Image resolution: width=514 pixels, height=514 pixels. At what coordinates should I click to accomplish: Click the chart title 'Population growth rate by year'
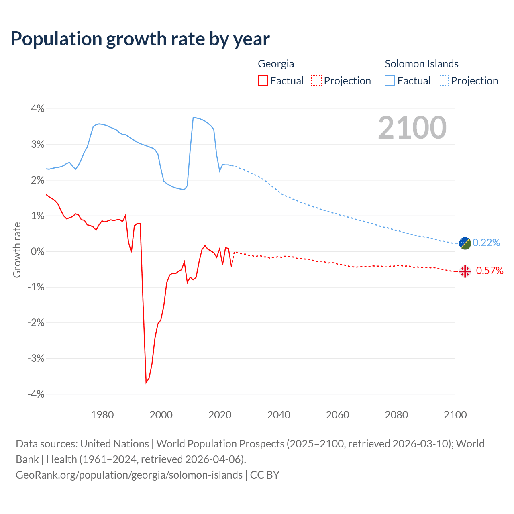point(140,39)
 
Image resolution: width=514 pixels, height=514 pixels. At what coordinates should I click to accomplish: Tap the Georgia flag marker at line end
point(465,271)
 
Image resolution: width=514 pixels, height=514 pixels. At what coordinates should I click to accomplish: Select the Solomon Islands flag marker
point(465,243)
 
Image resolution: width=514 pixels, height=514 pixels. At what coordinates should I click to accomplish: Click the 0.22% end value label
point(486,243)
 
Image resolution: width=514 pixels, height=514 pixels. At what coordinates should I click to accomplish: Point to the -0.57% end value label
point(488,271)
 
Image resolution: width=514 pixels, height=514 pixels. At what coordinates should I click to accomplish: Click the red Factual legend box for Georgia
point(263,80)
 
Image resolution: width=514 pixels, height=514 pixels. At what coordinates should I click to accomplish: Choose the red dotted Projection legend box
point(316,80)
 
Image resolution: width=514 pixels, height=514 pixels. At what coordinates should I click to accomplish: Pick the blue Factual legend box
point(390,80)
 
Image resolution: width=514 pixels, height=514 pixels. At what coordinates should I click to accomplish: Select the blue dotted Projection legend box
point(443,80)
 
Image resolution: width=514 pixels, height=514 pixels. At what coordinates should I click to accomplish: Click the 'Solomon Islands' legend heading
point(422,64)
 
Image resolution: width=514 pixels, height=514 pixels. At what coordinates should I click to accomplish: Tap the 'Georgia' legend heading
point(276,64)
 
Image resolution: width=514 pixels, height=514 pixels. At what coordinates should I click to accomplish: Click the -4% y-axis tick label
point(36,394)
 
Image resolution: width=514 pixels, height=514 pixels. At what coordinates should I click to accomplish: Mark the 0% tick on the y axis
point(37,251)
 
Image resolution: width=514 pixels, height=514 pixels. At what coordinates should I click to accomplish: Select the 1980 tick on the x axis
point(102,415)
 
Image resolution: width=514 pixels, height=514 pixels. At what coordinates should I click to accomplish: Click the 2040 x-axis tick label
point(279,415)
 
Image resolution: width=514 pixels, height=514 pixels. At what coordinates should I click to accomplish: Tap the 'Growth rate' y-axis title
point(17,250)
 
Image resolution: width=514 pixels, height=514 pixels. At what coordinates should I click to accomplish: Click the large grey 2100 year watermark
point(412,128)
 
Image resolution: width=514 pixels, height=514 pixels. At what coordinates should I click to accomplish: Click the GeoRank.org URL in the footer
point(129,475)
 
